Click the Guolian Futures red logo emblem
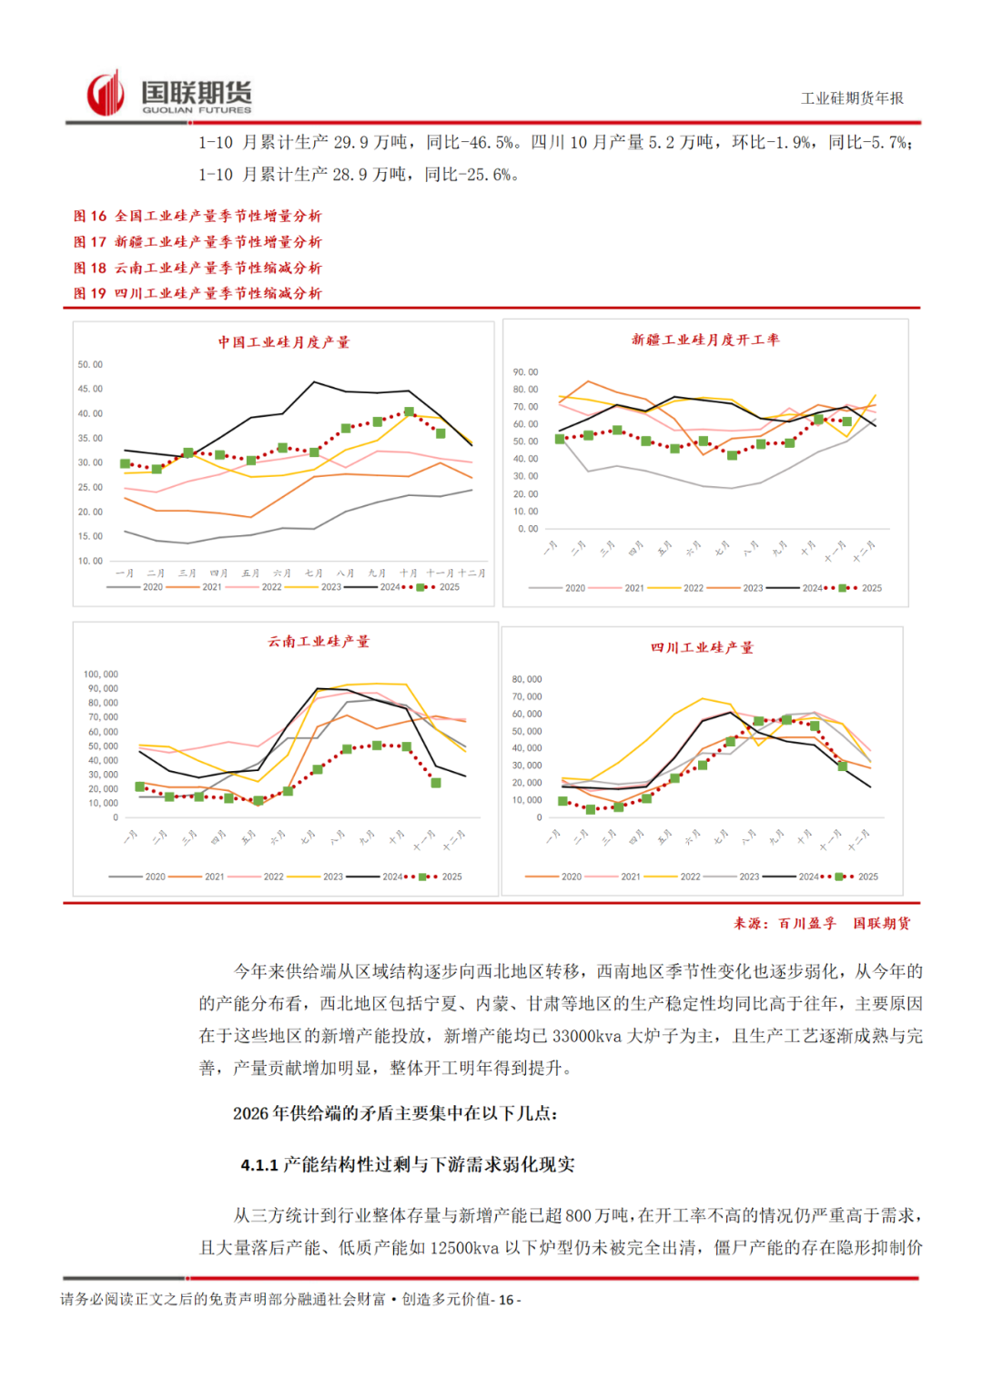(x=106, y=94)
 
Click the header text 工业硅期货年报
(x=852, y=98)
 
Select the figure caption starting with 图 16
(x=198, y=216)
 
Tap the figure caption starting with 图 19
(x=198, y=293)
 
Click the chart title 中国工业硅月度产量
(x=284, y=342)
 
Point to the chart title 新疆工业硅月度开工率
(x=705, y=340)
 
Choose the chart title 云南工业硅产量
(x=319, y=642)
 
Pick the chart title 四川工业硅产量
(x=702, y=648)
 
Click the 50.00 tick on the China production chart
(x=90, y=365)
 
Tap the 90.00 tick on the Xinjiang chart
(x=525, y=372)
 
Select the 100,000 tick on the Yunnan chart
(x=101, y=675)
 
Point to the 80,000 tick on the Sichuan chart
(x=527, y=679)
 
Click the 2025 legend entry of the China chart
(x=449, y=587)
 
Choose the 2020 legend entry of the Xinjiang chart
(x=574, y=588)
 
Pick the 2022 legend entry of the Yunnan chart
(x=273, y=877)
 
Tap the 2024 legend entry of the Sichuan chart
(x=808, y=877)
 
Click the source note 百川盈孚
(x=806, y=923)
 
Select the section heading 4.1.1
(x=408, y=1165)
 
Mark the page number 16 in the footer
(x=506, y=1300)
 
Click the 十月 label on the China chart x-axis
(x=409, y=573)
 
